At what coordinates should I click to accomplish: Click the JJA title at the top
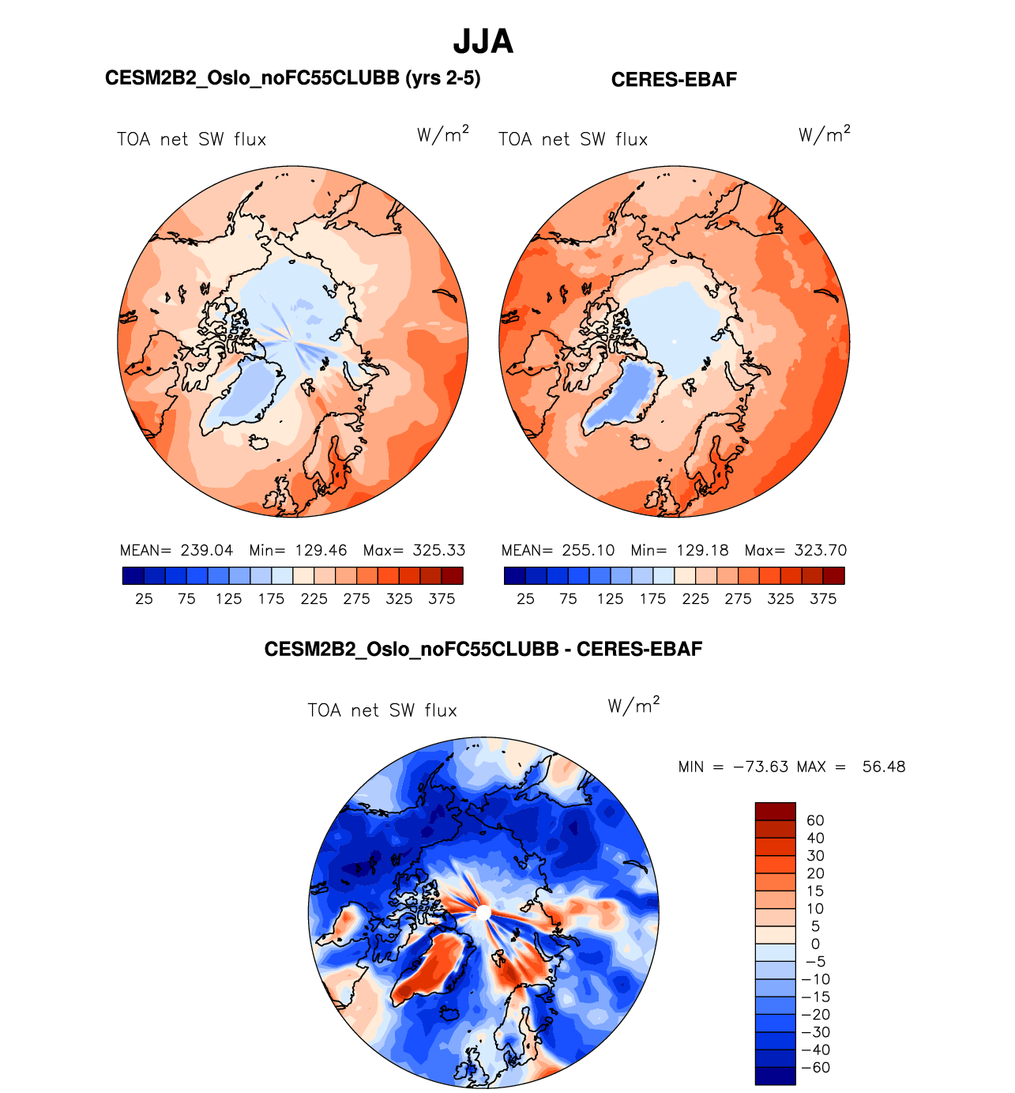483,42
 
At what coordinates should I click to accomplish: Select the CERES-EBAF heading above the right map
674,80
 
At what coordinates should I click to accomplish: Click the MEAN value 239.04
207,550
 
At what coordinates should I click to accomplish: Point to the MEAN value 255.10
588,550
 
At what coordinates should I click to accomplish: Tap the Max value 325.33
439,550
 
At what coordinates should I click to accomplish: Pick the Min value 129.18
702,550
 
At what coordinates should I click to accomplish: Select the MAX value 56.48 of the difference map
884,767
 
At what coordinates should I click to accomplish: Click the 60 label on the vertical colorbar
815,820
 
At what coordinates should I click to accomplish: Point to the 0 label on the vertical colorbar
815,944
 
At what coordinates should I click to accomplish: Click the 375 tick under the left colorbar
442,599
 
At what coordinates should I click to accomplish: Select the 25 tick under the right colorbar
525,599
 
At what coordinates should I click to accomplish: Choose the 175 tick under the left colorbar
271,599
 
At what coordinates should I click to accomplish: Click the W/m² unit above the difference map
633,706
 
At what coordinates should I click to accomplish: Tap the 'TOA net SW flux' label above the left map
191,140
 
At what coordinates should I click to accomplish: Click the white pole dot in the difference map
483,913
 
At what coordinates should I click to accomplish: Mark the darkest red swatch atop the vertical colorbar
775,812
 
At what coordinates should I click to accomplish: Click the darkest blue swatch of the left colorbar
133,576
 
